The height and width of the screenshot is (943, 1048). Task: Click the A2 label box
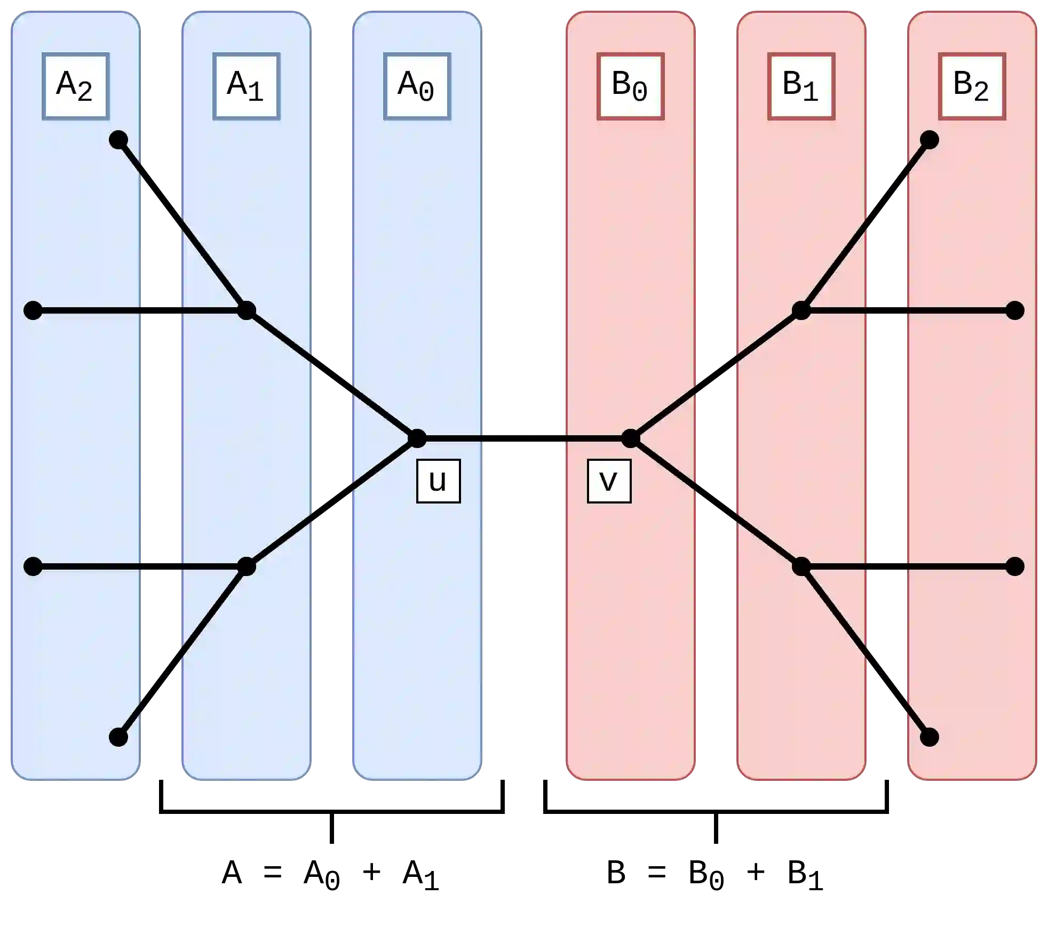pyautogui.click(x=75, y=86)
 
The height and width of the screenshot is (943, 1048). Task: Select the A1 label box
pyautogui.click(x=246, y=86)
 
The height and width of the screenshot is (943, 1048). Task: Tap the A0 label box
pyautogui.click(x=417, y=86)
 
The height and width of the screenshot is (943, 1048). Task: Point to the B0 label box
pyautogui.click(x=630, y=86)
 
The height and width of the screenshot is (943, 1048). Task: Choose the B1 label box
pyautogui.click(x=801, y=86)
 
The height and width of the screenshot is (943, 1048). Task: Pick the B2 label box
pyautogui.click(x=972, y=86)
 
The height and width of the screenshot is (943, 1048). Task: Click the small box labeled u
pyautogui.click(x=438, y=481)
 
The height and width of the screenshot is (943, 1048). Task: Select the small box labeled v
pyautogui.click(x=609, y=481)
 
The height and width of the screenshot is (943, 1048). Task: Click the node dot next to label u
pyautogui.click(x=417, y=438)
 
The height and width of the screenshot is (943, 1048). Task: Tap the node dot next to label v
pyautogui.click(x=630, y=438)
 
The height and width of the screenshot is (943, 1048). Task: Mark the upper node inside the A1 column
pyautogui.click(x=246, y=310)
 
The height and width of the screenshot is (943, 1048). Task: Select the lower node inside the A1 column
pyautogui.click(x=246, y=566)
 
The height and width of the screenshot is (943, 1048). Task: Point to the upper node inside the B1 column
pyautogui.click(x=801, y=310)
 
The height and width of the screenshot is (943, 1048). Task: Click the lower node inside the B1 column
pyautogui.click(x=801, y=566)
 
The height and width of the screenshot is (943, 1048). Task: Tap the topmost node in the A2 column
pyautogui.click(x=118, y=140)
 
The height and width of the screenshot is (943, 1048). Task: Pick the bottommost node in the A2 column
pyautogui.click(x=118, y=737)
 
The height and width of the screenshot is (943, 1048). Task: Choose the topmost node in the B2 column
pyautogui.click(x=929, y=140)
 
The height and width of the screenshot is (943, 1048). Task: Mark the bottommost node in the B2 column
pyautogui.click(x=929, y=737)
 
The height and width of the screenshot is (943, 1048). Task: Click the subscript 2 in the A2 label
pyautogui.click(x=85, y=93)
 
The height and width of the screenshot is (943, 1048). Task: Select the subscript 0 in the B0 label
pyautogui.click(x=640, y=93)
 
